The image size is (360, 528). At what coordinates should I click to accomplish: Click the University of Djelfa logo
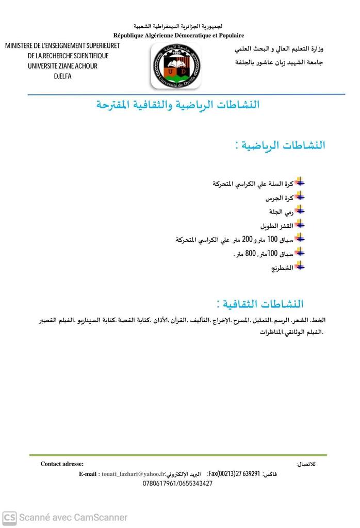tap(176, 66)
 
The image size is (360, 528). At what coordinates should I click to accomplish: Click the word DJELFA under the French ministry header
tap(62, 76)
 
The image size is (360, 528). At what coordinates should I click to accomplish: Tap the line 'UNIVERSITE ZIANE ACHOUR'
tap(62, 66)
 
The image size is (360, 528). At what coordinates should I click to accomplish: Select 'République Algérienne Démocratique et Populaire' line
tap(178, 35)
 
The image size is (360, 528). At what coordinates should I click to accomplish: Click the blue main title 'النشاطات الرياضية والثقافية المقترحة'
tap(178, 105)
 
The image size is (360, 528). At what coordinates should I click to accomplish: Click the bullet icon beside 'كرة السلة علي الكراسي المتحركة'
tap(300, 183)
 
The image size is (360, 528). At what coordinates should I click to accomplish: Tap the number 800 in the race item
tap(251, 254)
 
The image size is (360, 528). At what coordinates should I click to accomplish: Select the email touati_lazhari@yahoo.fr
tap(134, 474)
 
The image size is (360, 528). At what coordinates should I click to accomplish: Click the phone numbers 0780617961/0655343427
tap(177, 484)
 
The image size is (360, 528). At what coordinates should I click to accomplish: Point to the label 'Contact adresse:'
tap(62, 464)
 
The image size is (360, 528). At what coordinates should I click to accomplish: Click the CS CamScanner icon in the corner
tap(9, 517)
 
